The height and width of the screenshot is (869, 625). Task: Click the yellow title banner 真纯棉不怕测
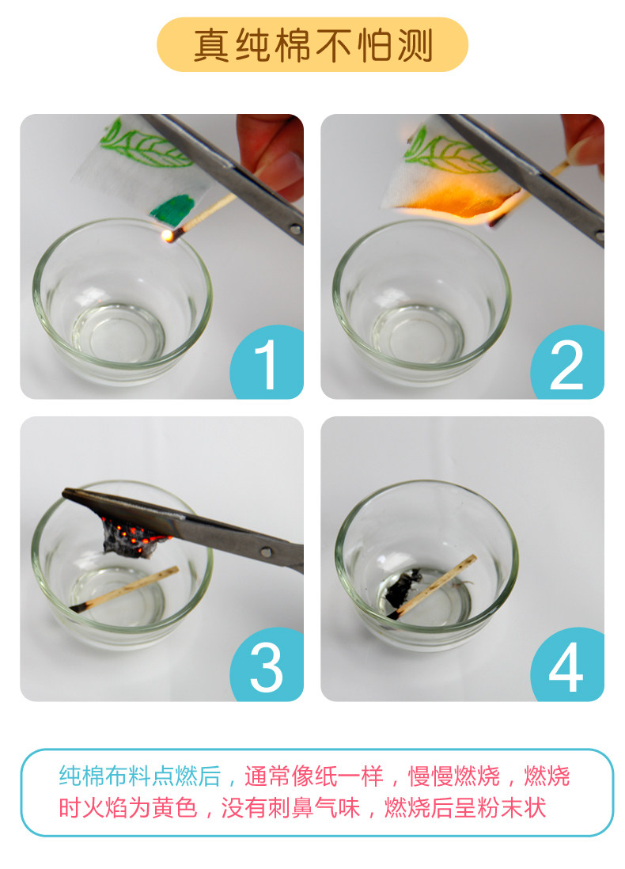pyautogui.click(x=312, y=44)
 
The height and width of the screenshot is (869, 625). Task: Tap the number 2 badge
pyautogui.click(x=569, y=363)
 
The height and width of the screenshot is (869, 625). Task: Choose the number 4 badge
pyautogui.click(x=569, y=665)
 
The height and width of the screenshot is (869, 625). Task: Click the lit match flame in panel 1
pyautogui.click(x=165, y=236)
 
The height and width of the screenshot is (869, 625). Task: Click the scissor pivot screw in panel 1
pyautogui.click(x=296, y=229)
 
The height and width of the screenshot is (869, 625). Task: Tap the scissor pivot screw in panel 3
pyautogui.click(x=267, y=552)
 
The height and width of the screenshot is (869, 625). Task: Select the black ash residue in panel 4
pyautogui.click(x=401, y=587)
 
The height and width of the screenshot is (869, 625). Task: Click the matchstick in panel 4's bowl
pyautogui.click(x=432, y=586)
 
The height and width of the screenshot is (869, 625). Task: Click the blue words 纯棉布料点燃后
pyautogui.click(x=139, y=776)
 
